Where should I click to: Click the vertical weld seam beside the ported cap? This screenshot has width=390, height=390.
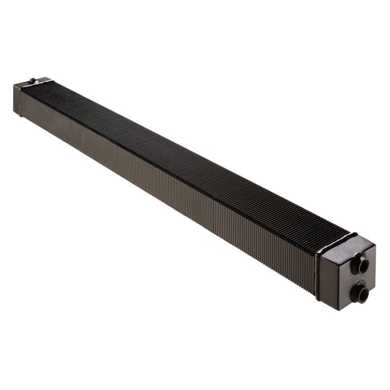point(318,277)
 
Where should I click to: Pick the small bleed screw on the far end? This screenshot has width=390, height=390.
point(33,80)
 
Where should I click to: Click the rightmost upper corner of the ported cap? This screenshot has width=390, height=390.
point(376,246)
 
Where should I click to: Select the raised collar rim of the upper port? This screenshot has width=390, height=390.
point(357,263)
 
